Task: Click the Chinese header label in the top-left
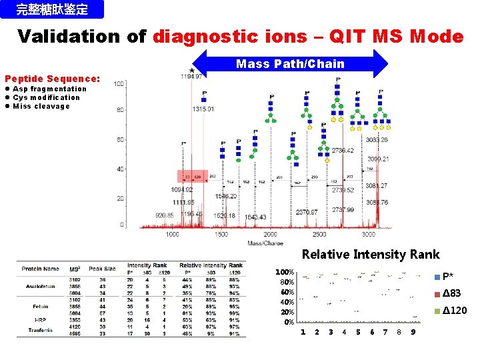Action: coord(52,9)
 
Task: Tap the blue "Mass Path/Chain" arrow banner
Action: coord(290,64)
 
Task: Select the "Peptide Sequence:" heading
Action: coord(52,78)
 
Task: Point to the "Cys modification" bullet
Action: coord(45,97)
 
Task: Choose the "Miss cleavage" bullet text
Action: coord(41,106)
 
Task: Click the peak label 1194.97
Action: coord(191,76)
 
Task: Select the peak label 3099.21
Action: coord(378,159)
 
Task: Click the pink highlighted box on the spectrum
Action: coord(192,176)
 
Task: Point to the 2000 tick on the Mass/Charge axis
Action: coord(270,234)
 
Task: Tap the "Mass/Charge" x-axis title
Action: coord(266,242)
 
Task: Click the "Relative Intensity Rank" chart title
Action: coord(370,254)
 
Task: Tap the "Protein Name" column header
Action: coord(41,269)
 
